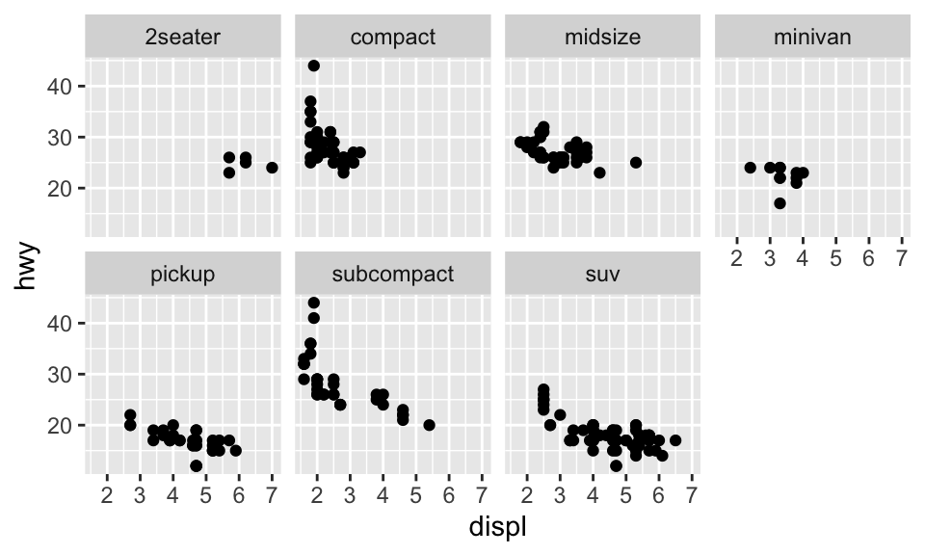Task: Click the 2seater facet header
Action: pyautogui.click(x=183, y=38)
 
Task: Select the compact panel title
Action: pyautogui.click(x=393, y=38)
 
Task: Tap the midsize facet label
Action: pyautogui.click(x=602, y=38)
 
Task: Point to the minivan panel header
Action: pyautogui.click(x=812, y=38)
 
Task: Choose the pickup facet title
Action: pyautogui.click(x=183, y=274)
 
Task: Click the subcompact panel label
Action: pyautogui.click(x=393, y=274)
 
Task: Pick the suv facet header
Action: pyautogui.click(x=602, y=274)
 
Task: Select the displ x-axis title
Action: pyautogui.click(x=497, y=528)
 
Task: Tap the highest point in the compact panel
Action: pyautogui.click(x=313, y=66)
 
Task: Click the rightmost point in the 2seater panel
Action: pyautogui.click(x=272, y=168)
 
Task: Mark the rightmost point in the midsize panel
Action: pyautogui.click(x=635, y=162)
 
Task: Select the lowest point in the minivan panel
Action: pyautogui.click(x=780, y=203)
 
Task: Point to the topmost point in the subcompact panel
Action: pyautogui.click(x=313, y=303)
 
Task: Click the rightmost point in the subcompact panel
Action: pyautogui.click(x=429, y=425)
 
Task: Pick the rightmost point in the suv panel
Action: pyautogui.click(x=675, y=440)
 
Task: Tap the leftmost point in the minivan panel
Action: pyautogui.click(x=750, y=168)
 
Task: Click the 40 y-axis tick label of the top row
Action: pyautogui.click(x=61, y=87)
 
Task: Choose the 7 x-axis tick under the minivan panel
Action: pyautogui.click(x=901, y=258)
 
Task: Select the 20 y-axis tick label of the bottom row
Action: pyautogui.click(x=61, y=425)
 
